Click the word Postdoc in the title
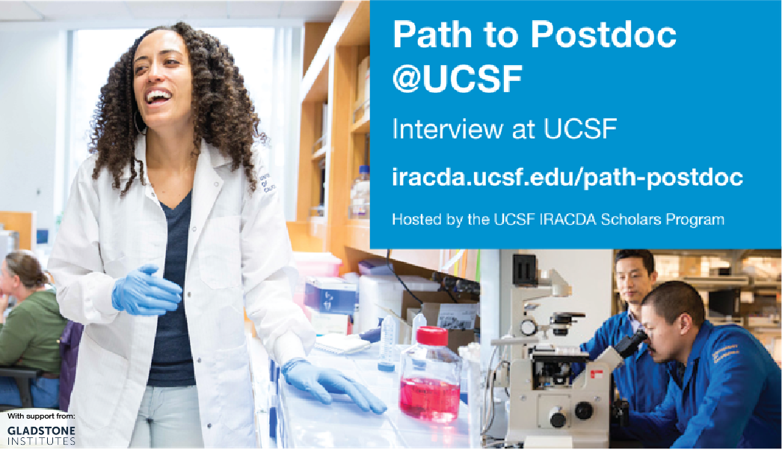click(603, 35)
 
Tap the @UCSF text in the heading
click(458, 79)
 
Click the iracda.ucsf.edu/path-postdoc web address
click(567, 177)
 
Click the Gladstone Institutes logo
click(41, 435)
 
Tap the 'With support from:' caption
click(41, 416)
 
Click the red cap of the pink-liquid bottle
click(432, 336)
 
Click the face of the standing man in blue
click(632, 279)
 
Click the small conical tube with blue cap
click(387, 343)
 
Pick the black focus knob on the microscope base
click(582, 411)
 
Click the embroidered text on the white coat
click(266, 183)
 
